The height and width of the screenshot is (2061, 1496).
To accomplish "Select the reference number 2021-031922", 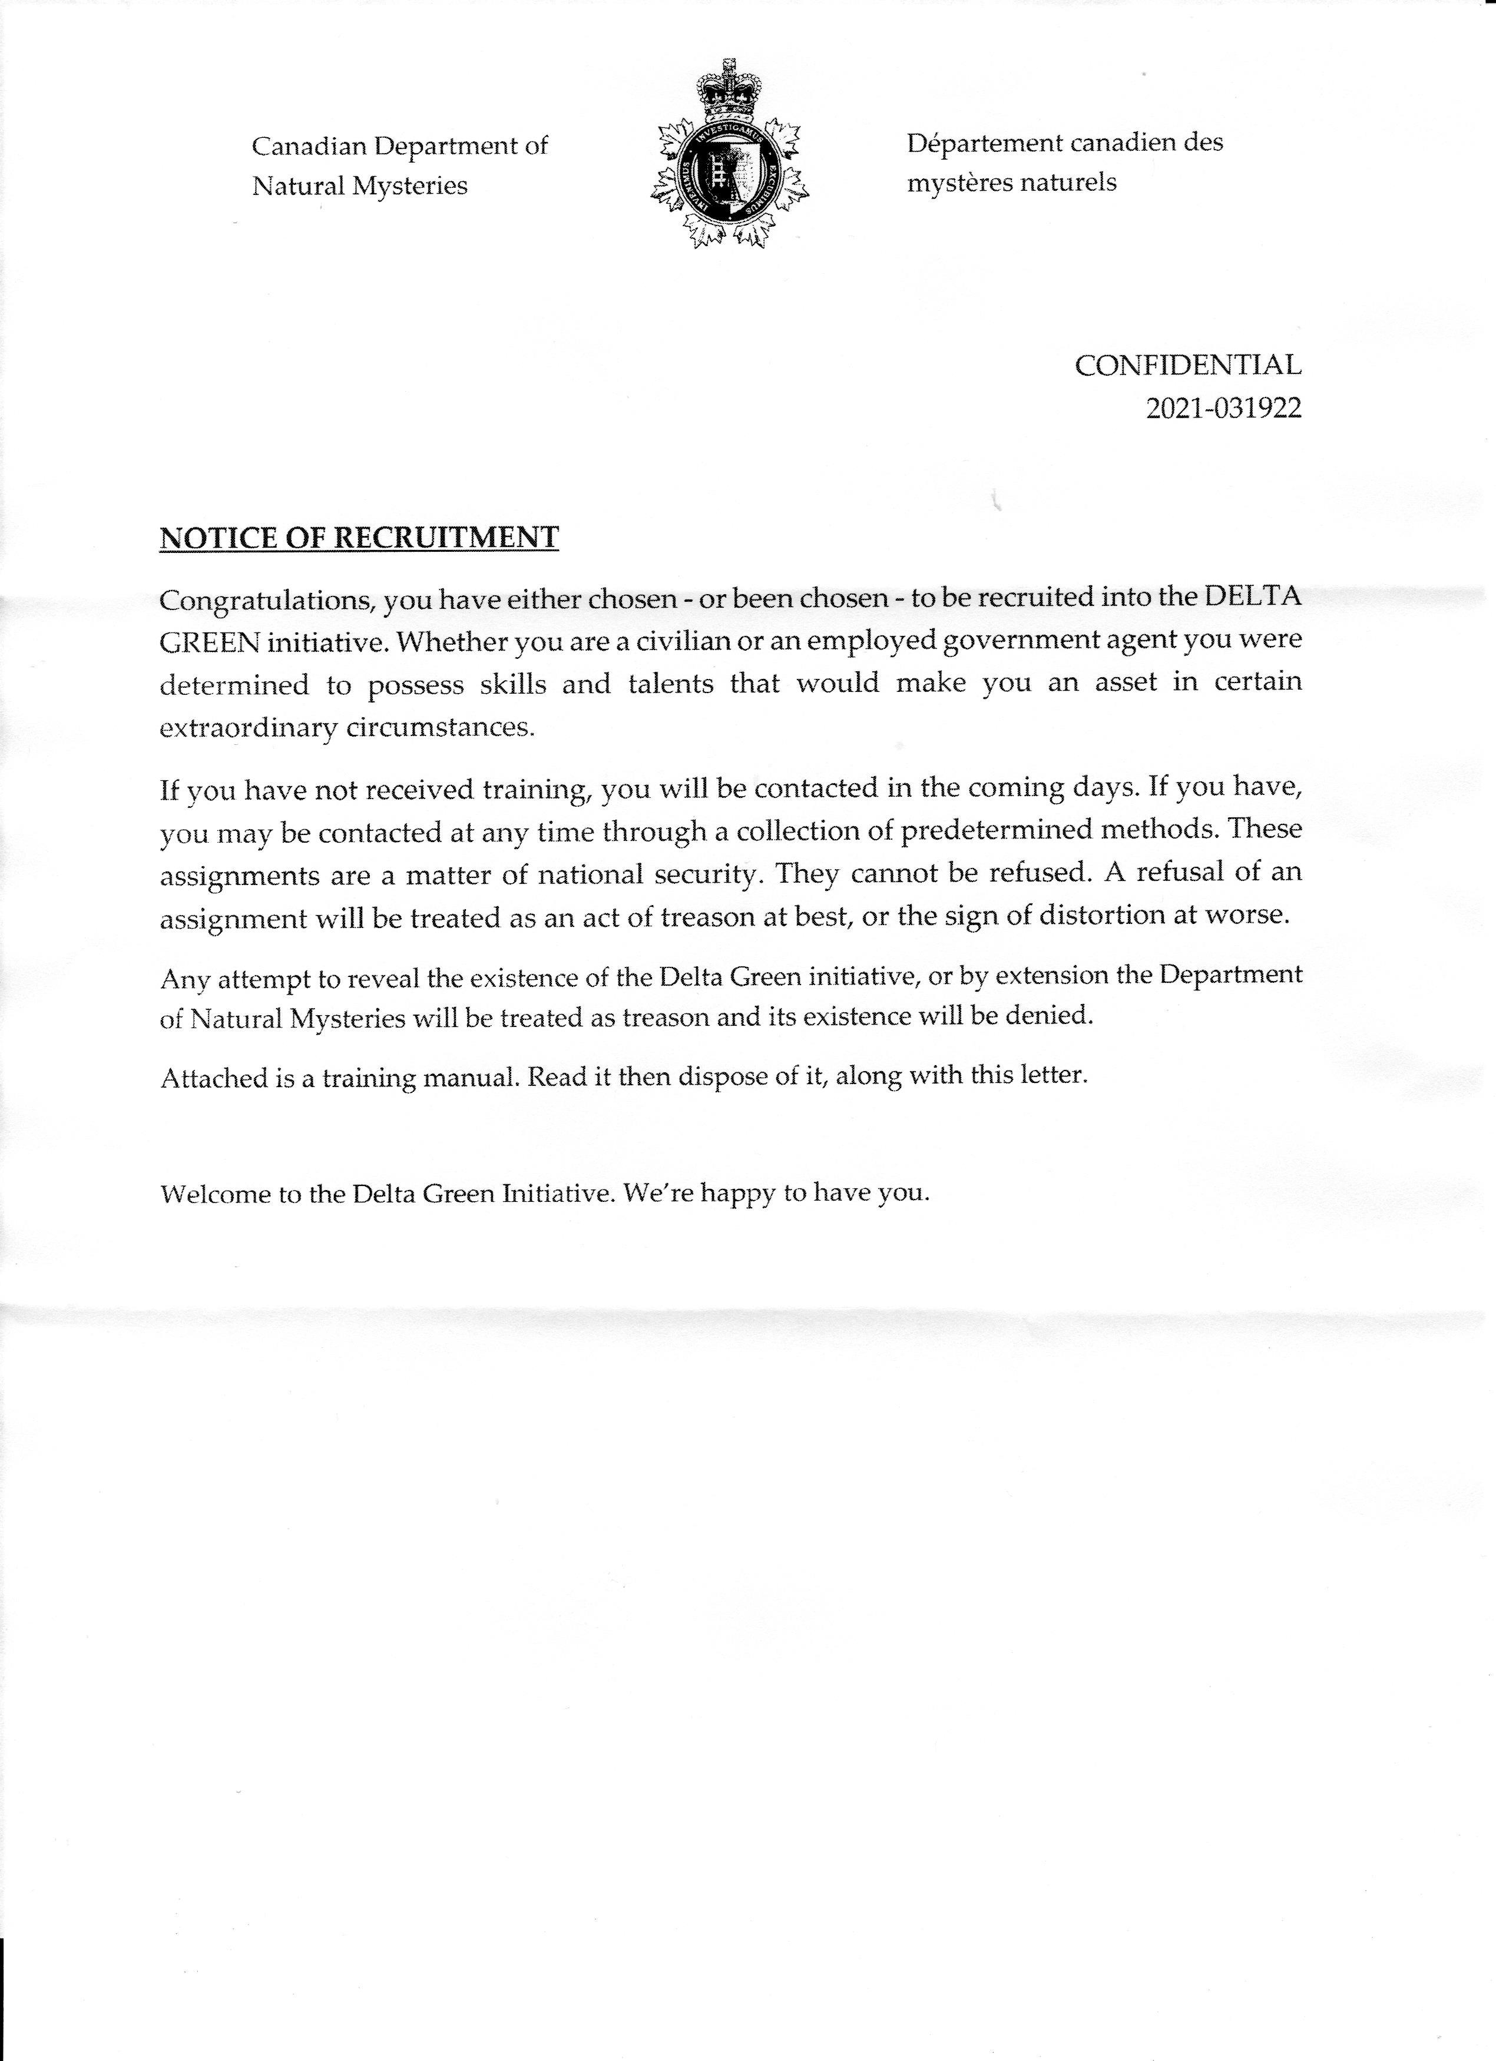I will pos(1223,409).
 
